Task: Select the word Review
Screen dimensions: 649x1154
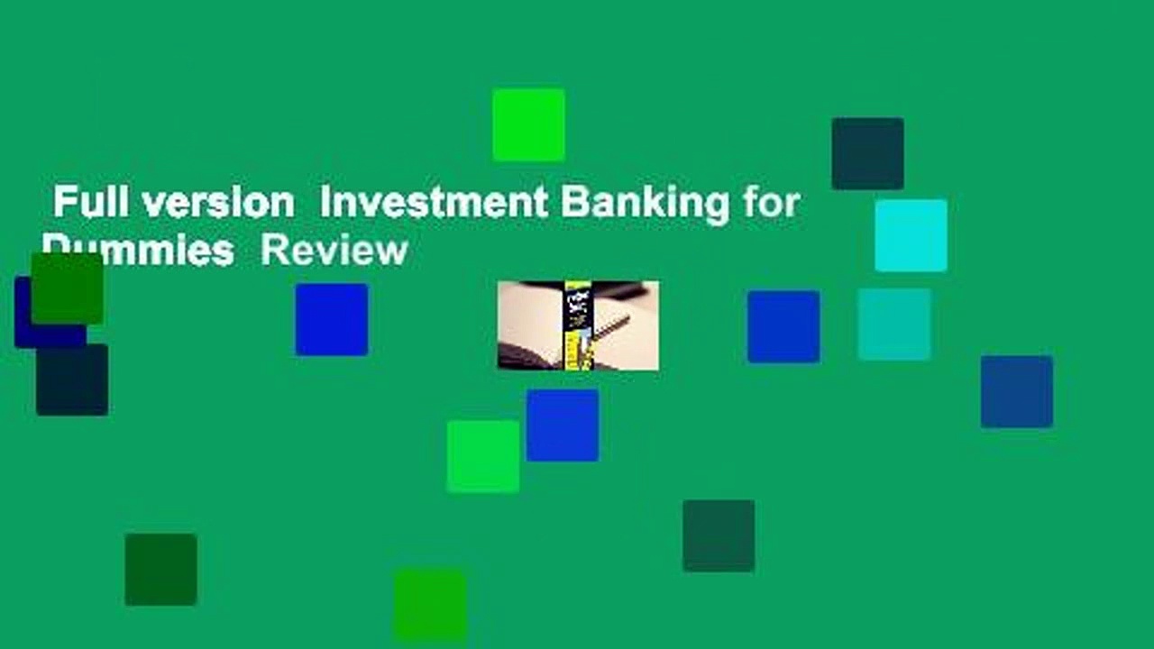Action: tap(334, 250)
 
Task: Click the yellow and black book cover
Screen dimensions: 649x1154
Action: tap(577, 324)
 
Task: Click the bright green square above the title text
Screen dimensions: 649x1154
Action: tap(528, 124)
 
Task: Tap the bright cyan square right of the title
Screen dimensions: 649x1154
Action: tap(911, 235)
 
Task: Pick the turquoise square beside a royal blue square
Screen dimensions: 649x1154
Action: tap(894, 324)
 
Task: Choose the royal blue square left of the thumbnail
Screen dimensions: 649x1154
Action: tap(332, 319)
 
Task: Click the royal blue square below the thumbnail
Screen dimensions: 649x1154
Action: tap(563, 425)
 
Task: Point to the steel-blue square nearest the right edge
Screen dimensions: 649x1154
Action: tap(1017, 391)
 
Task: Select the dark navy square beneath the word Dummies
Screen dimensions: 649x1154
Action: tap(72, 380)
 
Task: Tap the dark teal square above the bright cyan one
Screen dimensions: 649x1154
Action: tap(867, 153)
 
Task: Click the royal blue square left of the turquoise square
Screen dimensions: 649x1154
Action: tap(783, 326)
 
